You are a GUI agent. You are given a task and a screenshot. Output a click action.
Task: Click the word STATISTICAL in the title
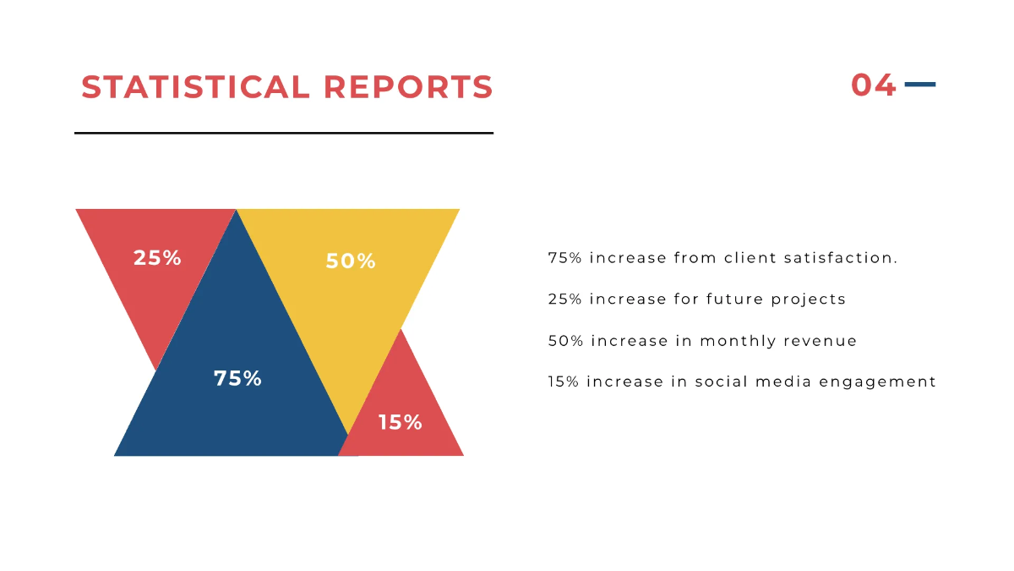196,87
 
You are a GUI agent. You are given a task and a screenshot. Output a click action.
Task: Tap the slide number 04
873,85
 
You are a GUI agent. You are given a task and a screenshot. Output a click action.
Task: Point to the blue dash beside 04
920,85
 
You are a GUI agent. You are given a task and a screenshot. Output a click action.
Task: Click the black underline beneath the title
284,133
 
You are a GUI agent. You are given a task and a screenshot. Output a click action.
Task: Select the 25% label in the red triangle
157,257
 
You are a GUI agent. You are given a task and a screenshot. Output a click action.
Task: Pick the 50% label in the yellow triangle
351,261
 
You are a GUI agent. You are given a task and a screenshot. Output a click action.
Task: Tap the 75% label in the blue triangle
237,378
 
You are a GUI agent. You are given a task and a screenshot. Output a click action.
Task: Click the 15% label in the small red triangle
400,421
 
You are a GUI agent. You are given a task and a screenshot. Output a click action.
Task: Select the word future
736,299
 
